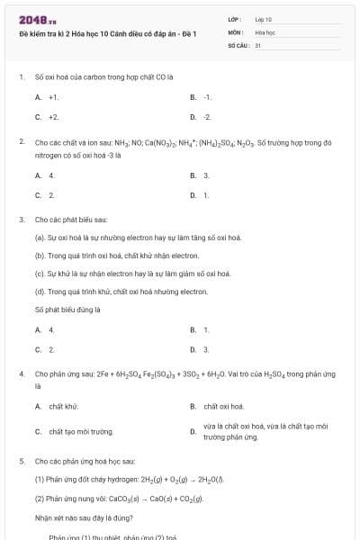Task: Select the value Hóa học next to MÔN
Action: (265, 31)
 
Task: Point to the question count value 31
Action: (258, 44)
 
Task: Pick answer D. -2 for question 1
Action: (202, 117)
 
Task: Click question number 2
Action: (21, 142)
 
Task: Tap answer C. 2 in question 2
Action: (45, 194)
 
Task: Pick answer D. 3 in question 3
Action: (200, 349)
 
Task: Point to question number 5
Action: (21, 460)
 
